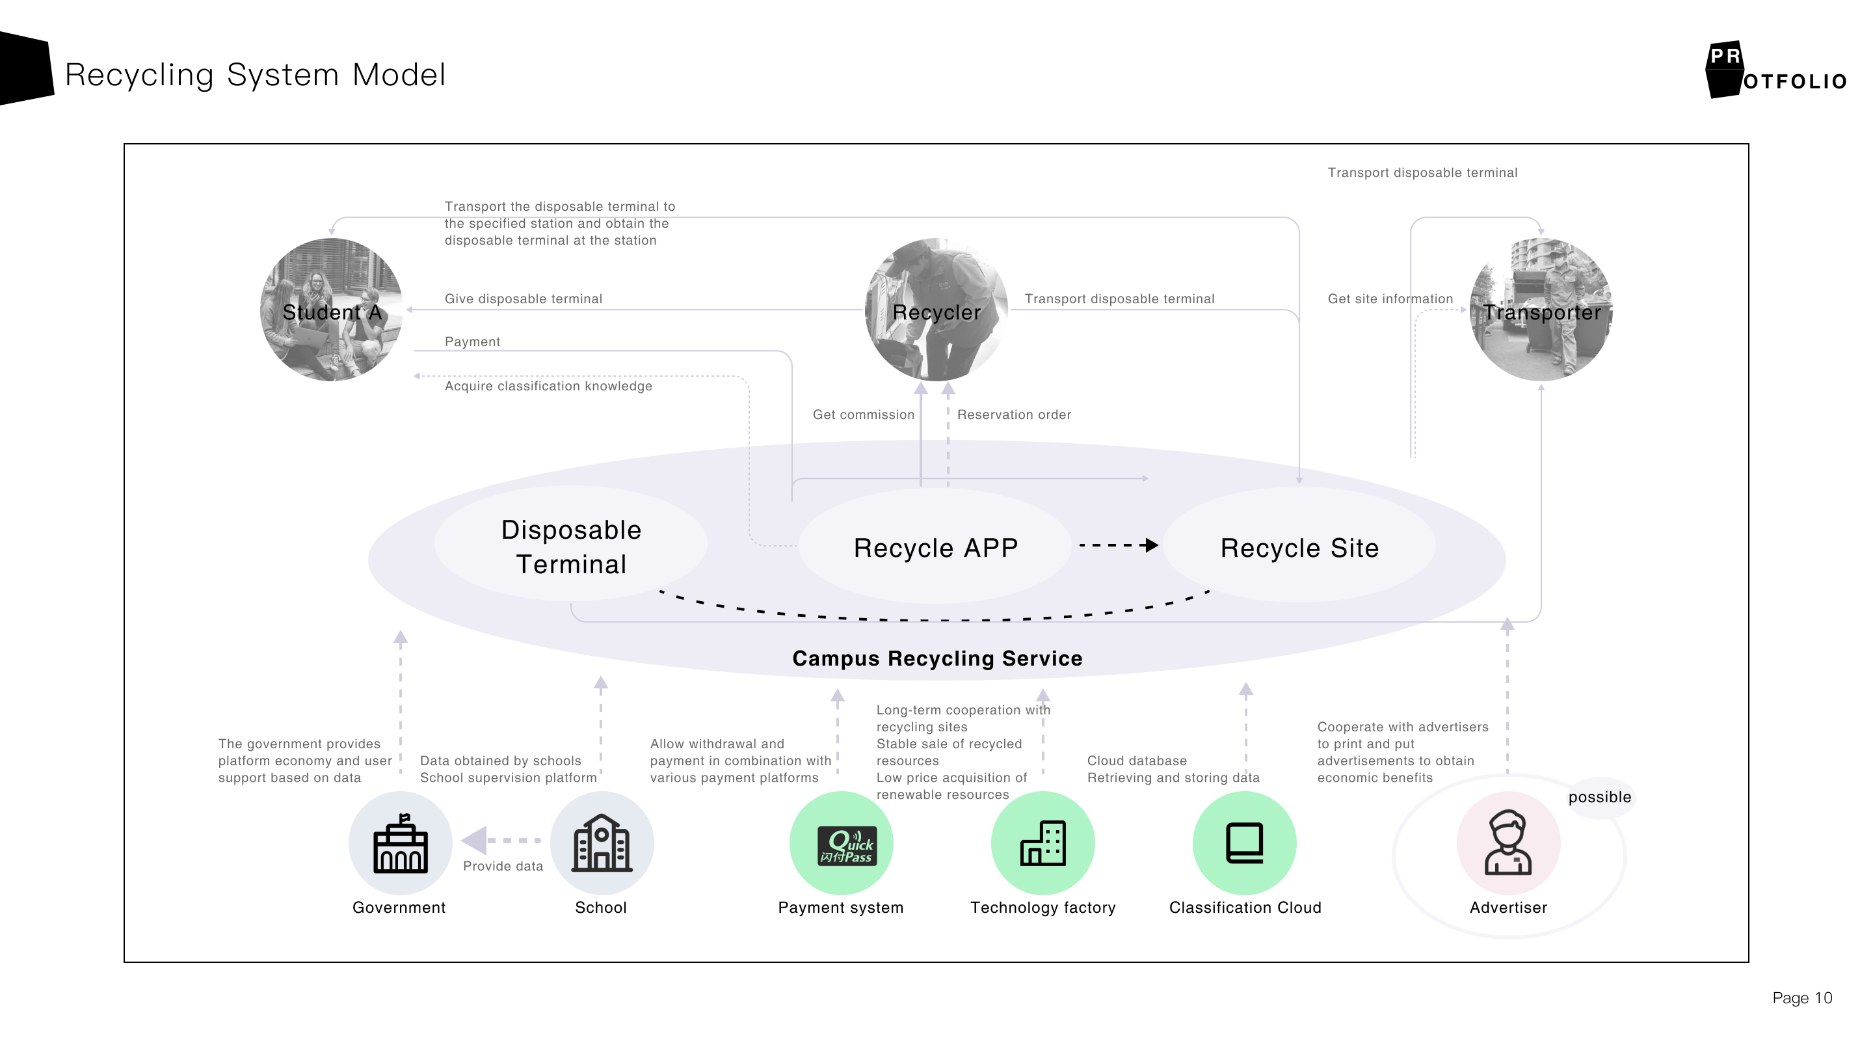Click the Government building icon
[x=400, y=844]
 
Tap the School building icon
[x=602, y=844]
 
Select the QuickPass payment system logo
[x=847, y=846]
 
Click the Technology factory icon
[x=1043, y=844]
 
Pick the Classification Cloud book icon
[x=1244, y=844]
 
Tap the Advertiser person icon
[x=1508, y=844]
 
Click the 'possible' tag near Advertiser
[x=1600, y=797]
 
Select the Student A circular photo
[x=332, y=310]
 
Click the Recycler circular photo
[x=936, y=310]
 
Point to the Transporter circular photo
[x=1541, y=310]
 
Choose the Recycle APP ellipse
[x=935, y=548]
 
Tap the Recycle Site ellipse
[x=1299, y=548]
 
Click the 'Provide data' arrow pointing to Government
[x=501, y=841]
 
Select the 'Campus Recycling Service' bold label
[x=937, y=658]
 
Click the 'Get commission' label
[x=863, y=414]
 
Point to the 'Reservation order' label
[x=1014, y=414]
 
